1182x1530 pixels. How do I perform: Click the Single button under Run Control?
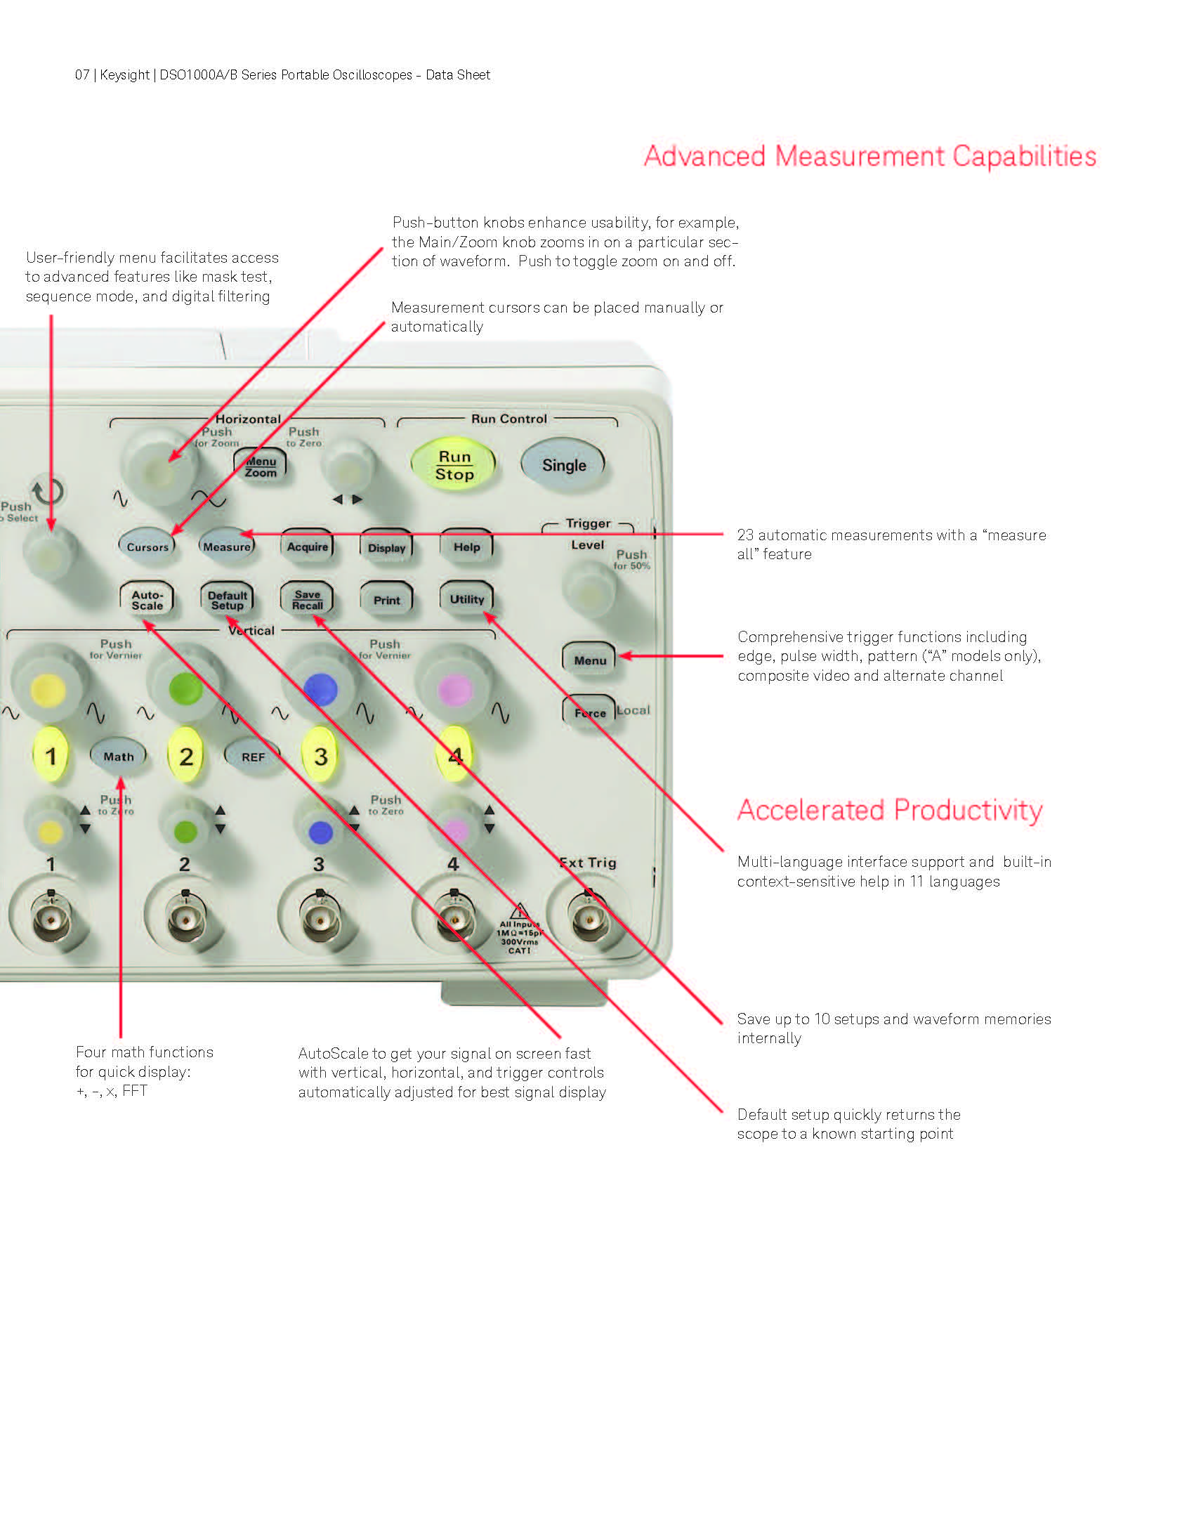(x=563, y=464)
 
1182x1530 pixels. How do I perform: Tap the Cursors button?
(x=147, y=546)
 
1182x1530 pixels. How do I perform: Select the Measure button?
(x=227, y=546)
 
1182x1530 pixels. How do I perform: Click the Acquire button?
(x=307, y=546)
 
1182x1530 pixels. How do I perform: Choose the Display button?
(x=386, y=547)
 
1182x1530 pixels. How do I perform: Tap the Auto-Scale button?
(x=147, y=599)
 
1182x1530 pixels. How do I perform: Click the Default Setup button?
(x=227, y=599)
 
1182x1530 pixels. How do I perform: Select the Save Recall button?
(x=307, y=599)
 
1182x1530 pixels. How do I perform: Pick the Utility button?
(x=467, y=599)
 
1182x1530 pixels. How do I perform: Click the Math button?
(x=119, y=756)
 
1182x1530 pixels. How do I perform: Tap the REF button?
(x=253, y=756)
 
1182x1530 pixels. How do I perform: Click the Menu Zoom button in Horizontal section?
(x=260, y=466)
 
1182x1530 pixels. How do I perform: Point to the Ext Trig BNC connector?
(x=589, y=920)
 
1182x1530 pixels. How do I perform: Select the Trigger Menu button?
(x=590, y=659)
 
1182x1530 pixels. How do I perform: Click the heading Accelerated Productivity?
(x=890, y=810)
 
